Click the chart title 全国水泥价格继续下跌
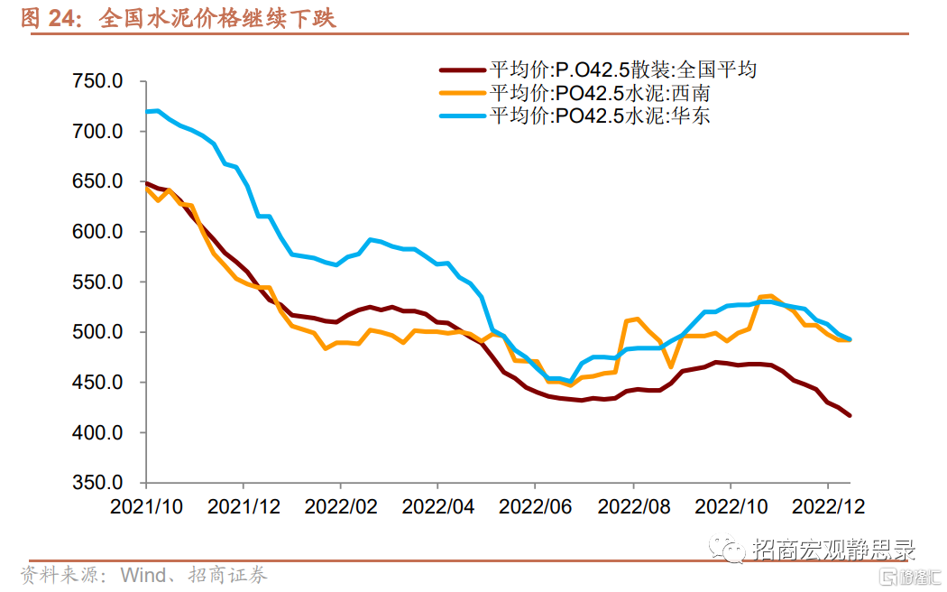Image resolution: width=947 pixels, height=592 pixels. click(x=218, y=17)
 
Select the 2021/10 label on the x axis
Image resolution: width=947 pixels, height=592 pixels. click(x=146, y=507)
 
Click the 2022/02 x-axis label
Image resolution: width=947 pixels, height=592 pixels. click(x=341, y=507)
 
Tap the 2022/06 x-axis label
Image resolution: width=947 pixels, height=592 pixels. click(x=536, y=507)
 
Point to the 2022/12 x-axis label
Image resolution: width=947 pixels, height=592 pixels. click(x=828, y=507)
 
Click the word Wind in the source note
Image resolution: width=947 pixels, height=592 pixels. click(x=143, y=575)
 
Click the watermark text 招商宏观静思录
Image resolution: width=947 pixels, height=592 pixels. click(x=834, y=550)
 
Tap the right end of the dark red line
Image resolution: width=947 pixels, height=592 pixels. click(x=850, y=415)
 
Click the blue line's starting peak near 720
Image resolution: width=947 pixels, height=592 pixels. click(x=157, y=111)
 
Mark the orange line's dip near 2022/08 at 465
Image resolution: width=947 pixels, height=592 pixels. click(x=671, y=366)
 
